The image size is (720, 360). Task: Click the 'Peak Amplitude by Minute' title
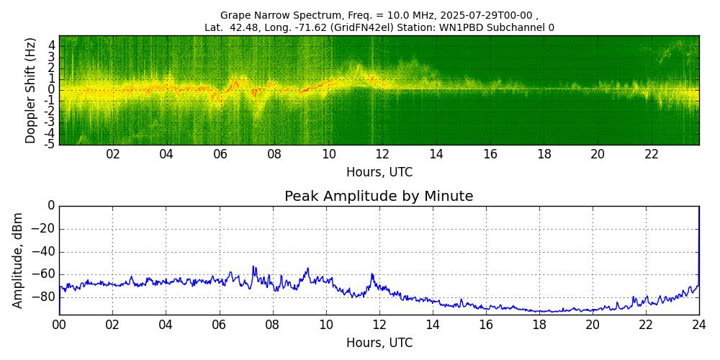point(379,197)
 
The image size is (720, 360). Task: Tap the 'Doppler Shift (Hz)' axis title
point(31,91)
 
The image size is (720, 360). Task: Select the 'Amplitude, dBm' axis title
point(19,260)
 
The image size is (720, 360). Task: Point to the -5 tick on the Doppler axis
point(50,144)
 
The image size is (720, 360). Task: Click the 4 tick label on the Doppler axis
point(52,45)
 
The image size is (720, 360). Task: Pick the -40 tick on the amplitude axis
point(44,252)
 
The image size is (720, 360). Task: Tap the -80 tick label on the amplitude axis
point(44,297)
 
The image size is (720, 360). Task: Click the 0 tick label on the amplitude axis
point(51,206)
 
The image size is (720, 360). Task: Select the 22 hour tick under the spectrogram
point(652,154)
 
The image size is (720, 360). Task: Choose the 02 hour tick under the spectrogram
point(113,154)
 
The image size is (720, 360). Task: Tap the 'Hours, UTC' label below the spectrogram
point(379,173)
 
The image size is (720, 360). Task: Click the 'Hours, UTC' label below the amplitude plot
point(379,343)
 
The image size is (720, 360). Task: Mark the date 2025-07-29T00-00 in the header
point(485,15)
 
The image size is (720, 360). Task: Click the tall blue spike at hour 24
point(698,238)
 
